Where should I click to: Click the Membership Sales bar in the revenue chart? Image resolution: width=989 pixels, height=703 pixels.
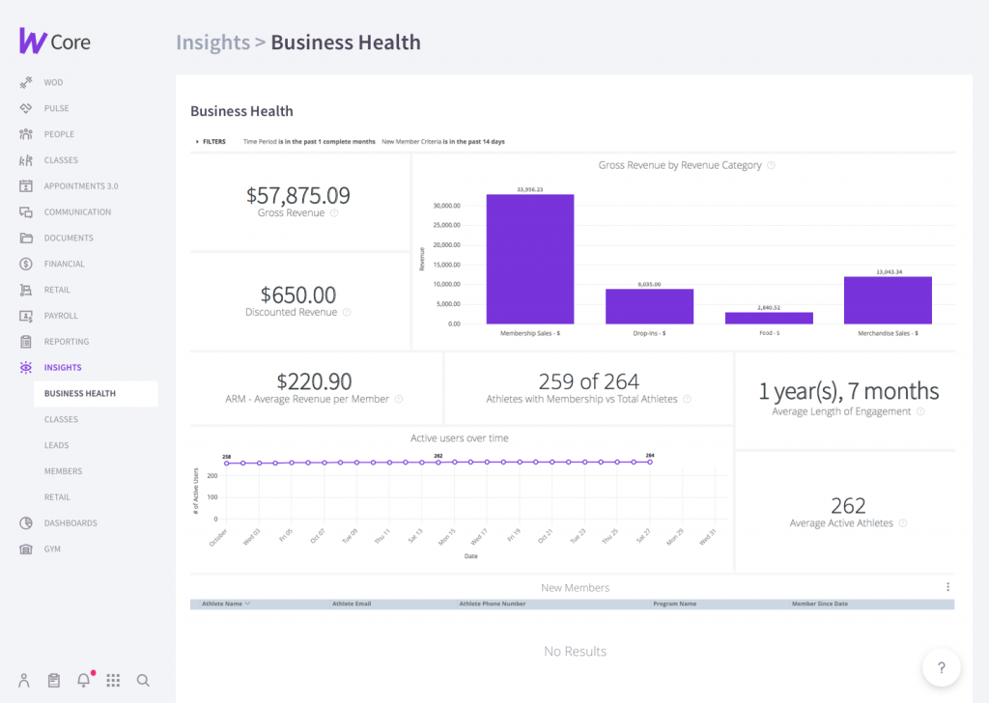coord(529,259)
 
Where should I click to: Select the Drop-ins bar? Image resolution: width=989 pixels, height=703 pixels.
coord(649,306)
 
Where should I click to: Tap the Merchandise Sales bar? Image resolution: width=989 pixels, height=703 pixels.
coord(888,300)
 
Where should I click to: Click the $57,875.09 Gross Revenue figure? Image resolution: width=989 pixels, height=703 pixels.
coord(297,195)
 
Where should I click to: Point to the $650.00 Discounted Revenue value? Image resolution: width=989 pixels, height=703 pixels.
coord(297,294)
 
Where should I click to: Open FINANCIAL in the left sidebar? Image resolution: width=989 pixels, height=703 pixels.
coord(64,264)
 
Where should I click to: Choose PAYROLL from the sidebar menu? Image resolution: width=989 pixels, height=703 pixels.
coord(61,316)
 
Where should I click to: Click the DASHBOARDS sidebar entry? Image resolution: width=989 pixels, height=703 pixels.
coord(71,523)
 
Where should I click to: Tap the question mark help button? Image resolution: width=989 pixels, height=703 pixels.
coord(942,666)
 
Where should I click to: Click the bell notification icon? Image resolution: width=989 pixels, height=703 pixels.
coord(83,680)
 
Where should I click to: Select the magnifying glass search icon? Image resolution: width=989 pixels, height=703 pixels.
coord(143,680)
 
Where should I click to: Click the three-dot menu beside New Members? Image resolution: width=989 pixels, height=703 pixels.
coord(947,587)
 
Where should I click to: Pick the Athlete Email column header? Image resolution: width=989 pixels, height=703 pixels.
coord(352,604)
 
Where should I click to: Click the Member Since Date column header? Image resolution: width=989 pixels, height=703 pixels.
coord(819,604)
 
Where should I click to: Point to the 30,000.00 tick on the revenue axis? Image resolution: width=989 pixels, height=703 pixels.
coord(446,206)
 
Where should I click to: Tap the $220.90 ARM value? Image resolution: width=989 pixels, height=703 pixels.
coord(314,381)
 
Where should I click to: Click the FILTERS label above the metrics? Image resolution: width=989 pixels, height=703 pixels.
coord(213,141)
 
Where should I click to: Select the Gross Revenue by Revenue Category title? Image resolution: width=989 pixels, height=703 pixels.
coord(680,165)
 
